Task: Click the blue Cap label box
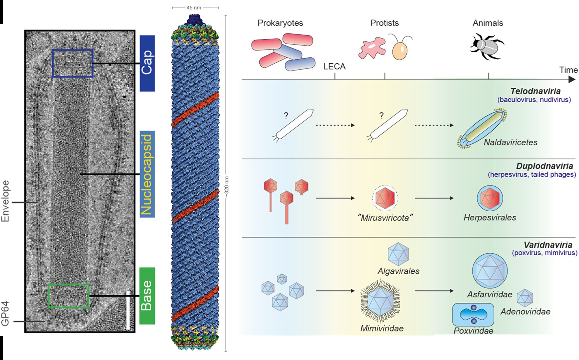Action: pos(147,63)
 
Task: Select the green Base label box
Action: pos(147,296)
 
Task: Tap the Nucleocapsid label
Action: pos(147,174)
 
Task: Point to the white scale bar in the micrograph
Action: pos(128,310)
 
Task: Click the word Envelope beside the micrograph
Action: pos(5,201)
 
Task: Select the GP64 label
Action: pos(5,314)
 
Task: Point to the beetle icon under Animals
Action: pos(487,46)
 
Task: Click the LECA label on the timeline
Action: pos(334,67)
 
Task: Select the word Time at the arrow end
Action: pos(568,70)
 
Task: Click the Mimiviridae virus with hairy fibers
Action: pos(380,301)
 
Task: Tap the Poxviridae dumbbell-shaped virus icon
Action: pos(473,314)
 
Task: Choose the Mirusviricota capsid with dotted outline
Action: pos(385,198)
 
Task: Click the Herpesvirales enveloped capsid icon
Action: pos(490,198)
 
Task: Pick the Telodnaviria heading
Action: pos(535,91)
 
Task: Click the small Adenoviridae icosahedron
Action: pos(525,298)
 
